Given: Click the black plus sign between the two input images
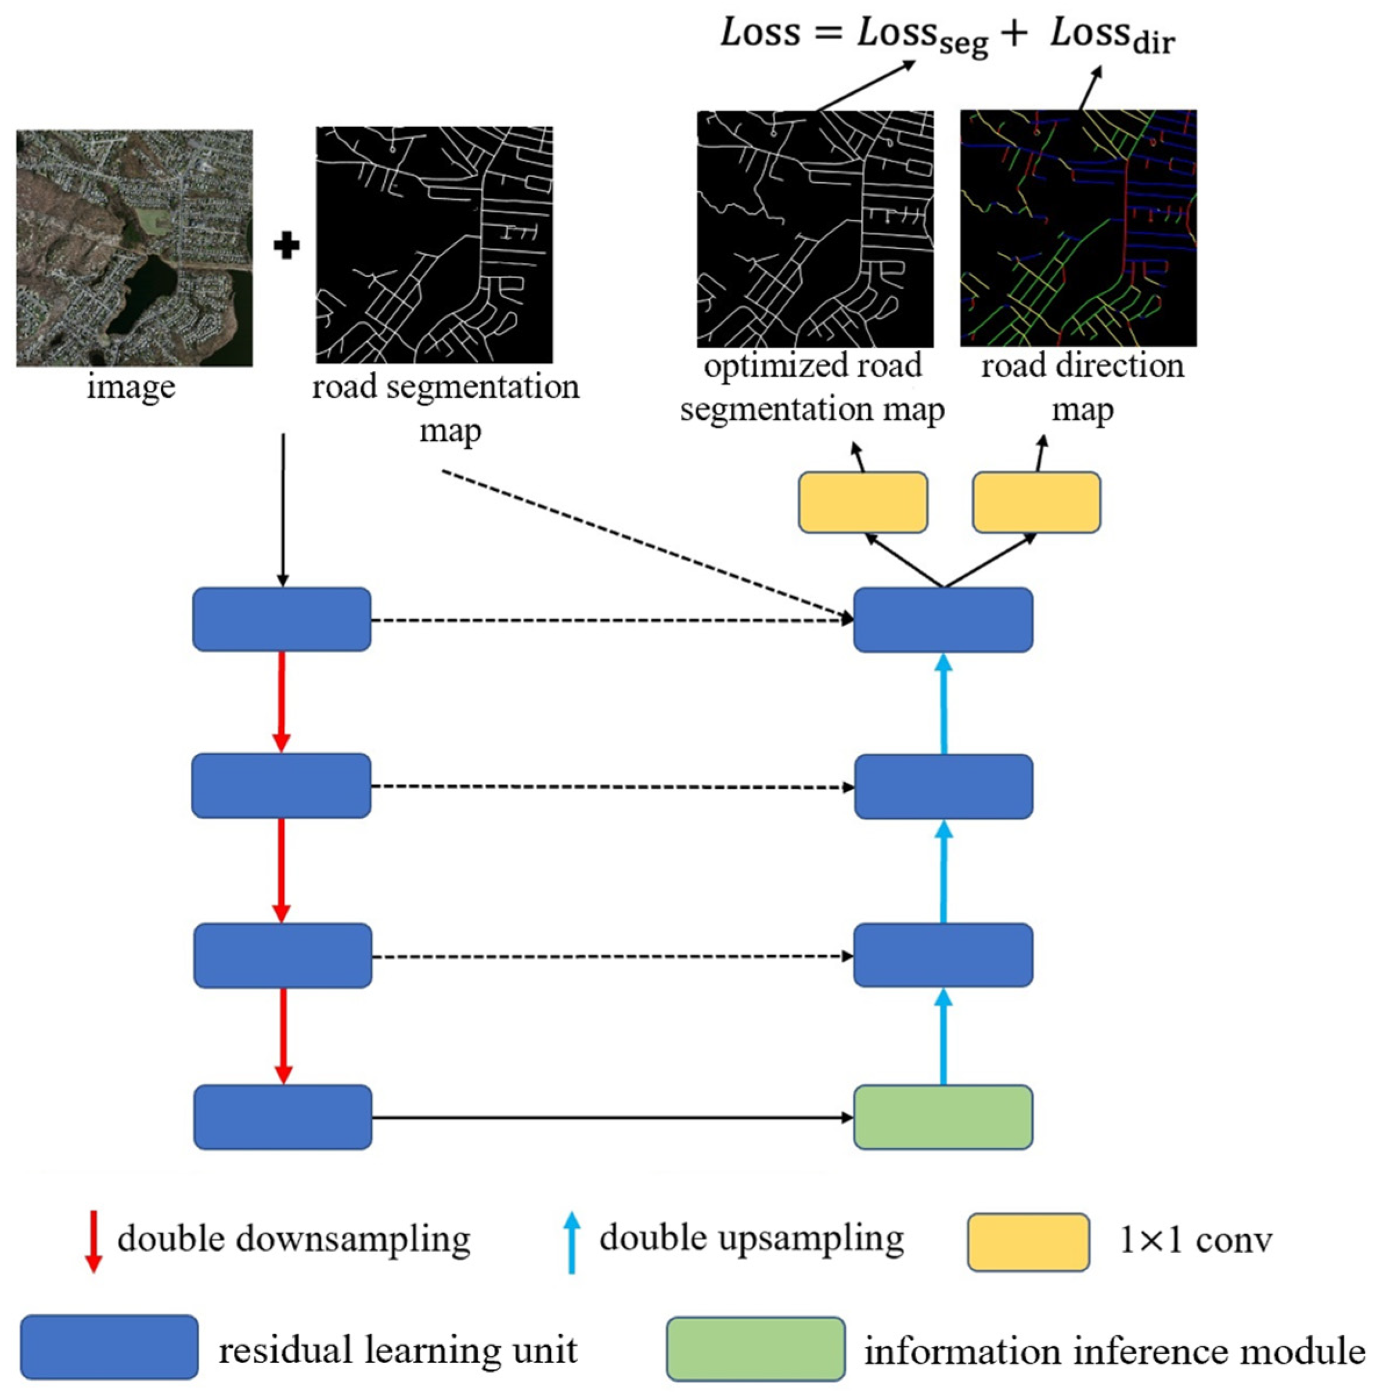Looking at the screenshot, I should [x=286, y=247].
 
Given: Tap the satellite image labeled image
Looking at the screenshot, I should [x=135, y=248].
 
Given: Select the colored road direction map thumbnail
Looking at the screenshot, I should [x=1078, y=228].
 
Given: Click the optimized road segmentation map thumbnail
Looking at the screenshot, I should [x=815, y=229].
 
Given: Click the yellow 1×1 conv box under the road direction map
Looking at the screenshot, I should [x=1036, y=502].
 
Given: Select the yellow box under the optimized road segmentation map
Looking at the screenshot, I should [x=863, y=502].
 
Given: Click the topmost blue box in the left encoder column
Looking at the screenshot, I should [x=282, y=619].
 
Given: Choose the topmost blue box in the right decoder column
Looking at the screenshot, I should [x=942, y=619].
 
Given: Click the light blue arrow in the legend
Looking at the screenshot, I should [x=571, y=1242].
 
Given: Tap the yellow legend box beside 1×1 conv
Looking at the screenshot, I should [x=1028, y=1242].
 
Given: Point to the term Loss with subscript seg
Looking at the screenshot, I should [x=921, y=36].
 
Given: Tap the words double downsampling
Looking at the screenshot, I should [x=294, y=1239].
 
